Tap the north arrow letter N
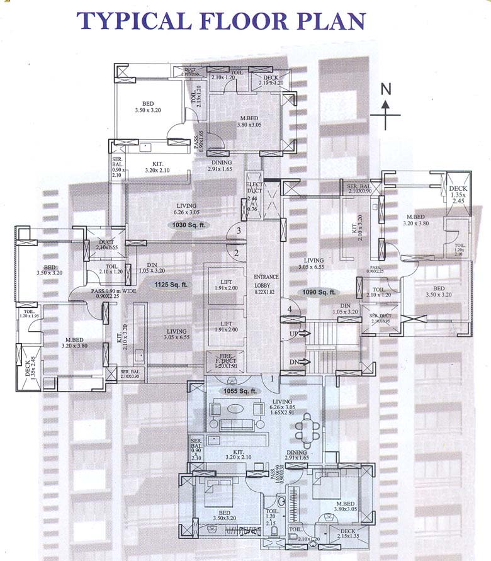386,89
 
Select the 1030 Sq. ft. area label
187,225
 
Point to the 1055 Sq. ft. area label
239,391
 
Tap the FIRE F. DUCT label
225,361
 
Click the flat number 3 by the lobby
238,231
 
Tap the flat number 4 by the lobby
290,309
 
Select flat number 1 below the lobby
272,379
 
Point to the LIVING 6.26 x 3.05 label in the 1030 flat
187,209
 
